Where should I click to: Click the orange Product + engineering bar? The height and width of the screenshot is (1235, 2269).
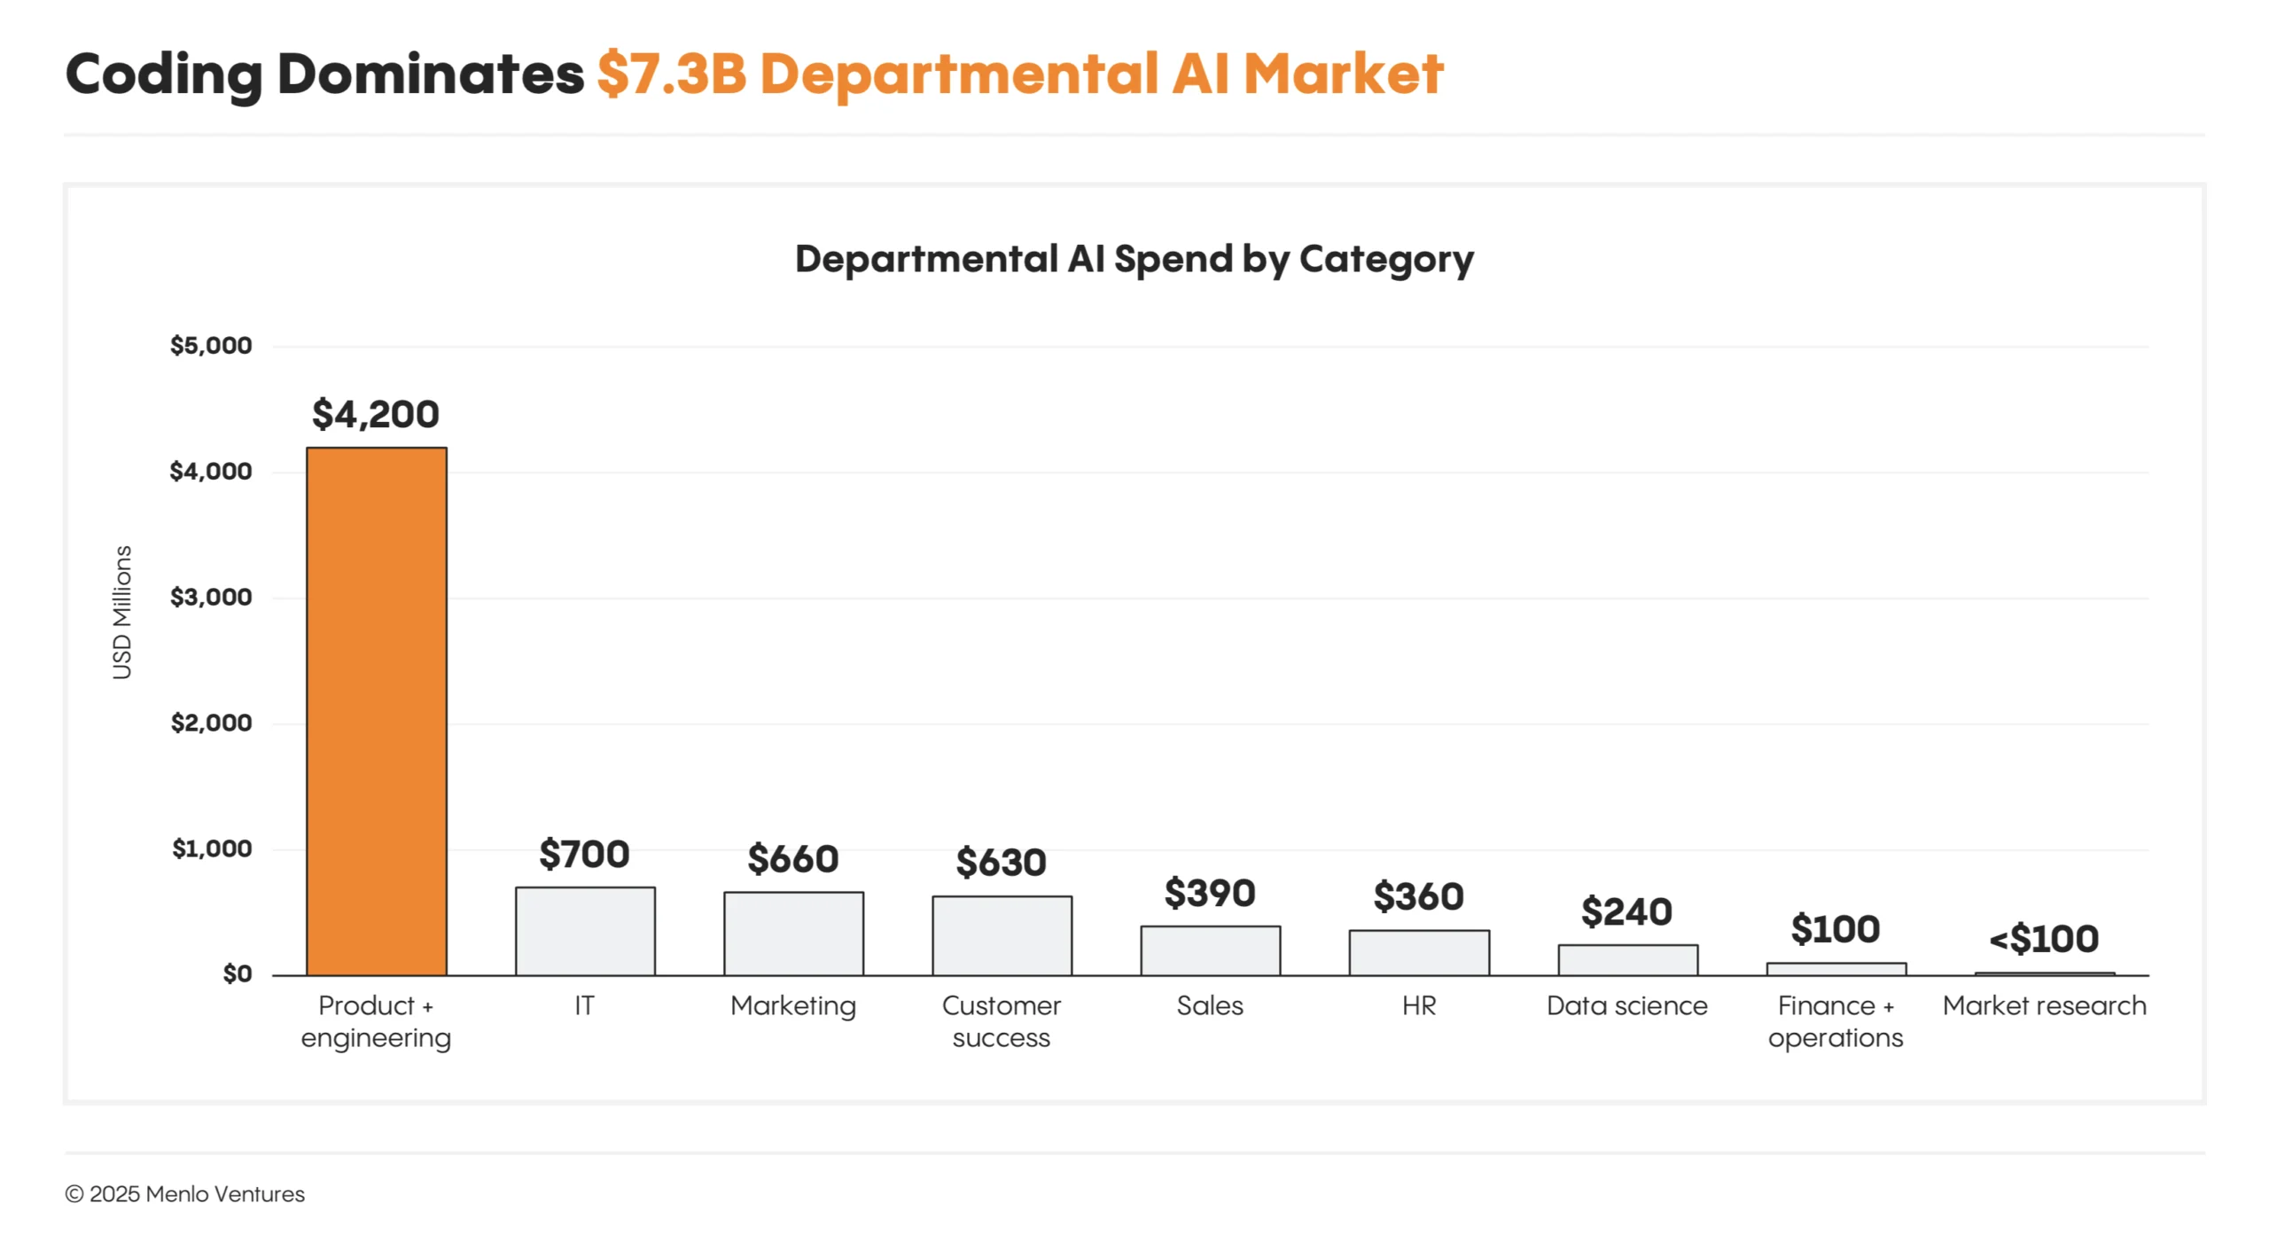376,709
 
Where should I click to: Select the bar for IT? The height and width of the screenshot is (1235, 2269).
585,931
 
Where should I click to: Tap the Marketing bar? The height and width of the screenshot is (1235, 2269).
793,934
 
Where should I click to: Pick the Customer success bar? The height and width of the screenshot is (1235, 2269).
1002,935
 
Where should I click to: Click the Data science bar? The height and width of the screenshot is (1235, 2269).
1627,960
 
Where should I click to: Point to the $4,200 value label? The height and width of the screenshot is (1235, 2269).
376,414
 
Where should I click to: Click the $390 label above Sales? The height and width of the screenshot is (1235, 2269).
1210,893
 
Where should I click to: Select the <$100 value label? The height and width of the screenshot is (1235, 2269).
2044,939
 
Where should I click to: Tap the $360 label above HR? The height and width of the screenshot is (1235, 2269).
1418,896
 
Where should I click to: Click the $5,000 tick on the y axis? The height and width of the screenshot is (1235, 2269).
211,346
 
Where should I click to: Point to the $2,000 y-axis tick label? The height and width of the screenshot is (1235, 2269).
211,723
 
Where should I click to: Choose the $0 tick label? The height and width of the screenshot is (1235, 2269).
237,974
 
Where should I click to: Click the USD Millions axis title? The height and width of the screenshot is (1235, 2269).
122,612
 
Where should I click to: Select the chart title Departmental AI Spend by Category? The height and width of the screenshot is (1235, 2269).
1134,259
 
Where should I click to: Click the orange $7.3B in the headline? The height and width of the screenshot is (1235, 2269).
672,74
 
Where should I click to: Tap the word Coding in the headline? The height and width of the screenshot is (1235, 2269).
164,74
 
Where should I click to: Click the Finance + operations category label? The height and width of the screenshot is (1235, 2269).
1835,1021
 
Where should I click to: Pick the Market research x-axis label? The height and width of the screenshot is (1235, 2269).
2044,1005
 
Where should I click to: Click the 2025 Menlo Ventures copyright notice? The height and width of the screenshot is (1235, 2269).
184,1194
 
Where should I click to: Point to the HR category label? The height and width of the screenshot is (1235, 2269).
1418,1005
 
